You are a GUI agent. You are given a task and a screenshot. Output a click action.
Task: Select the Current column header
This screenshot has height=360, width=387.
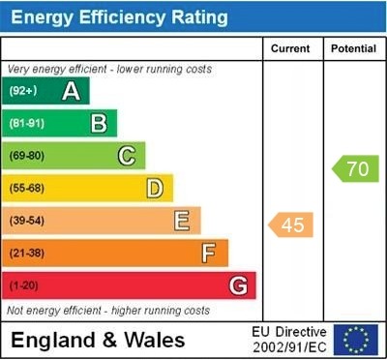pyautogui.click(x=291, y=48)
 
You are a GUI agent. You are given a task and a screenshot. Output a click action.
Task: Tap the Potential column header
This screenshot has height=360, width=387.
pyautogui.click(x=353, y=48)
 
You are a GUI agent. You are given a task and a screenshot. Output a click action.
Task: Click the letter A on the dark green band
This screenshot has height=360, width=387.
pyautogui.click(x=71, y=91)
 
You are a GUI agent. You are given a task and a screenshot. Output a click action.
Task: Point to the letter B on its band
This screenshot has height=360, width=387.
pyautogui.click(x=99, y=123)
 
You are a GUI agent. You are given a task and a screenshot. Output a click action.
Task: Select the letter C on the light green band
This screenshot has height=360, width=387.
pyautogui.click(x=126, y=156)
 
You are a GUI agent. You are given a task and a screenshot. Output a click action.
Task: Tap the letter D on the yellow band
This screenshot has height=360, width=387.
pyautogui.click(x=154, y=188)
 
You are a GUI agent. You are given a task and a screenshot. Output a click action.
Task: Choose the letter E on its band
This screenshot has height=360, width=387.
pyautogui.click(x=181, y=221)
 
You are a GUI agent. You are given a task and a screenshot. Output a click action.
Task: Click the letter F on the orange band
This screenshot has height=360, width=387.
pyautogui.click(x=208, y=254)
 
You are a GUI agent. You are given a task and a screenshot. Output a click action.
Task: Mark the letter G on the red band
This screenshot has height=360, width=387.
pyautogui.click(x=237, y=285)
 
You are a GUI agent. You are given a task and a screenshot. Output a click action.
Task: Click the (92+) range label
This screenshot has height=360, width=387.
pyautogui.click(x=23, y=91)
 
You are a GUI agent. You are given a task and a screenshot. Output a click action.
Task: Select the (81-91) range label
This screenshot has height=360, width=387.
pyautogui.click(x=27, y=123)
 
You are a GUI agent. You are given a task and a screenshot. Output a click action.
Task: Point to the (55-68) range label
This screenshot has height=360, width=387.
pyautogui.click(x=27, y=188)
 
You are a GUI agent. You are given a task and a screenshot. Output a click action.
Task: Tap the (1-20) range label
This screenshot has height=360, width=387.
pyautogui.click(x=23, y=285)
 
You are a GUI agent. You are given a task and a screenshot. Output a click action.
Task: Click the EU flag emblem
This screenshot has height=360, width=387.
pyautogui.click(x=355, y=340)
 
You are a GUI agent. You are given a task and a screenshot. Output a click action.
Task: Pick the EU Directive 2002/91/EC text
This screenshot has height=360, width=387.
pyautogui.click(x=288, y=340)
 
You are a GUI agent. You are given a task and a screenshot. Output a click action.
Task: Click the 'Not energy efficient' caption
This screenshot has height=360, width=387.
pyautogui.click(x=108, y=311)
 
